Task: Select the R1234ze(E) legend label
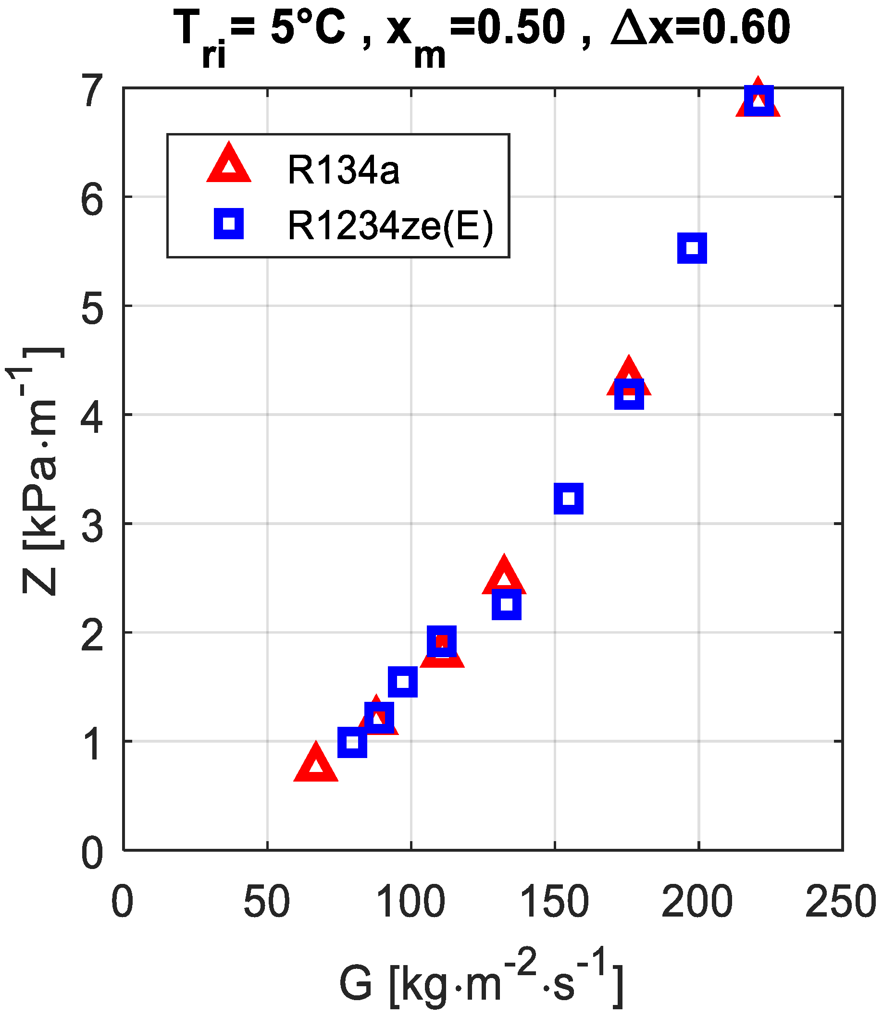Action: pos(390,226)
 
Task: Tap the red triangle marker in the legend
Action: pos(229,164)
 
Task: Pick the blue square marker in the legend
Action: pos(229,224)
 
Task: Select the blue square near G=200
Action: pos(692,248)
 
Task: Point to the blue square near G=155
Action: pos(569,499)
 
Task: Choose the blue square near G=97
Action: pos(403,682)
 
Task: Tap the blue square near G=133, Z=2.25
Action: pos(507,604)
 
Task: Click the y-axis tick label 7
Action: pos(93,91)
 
